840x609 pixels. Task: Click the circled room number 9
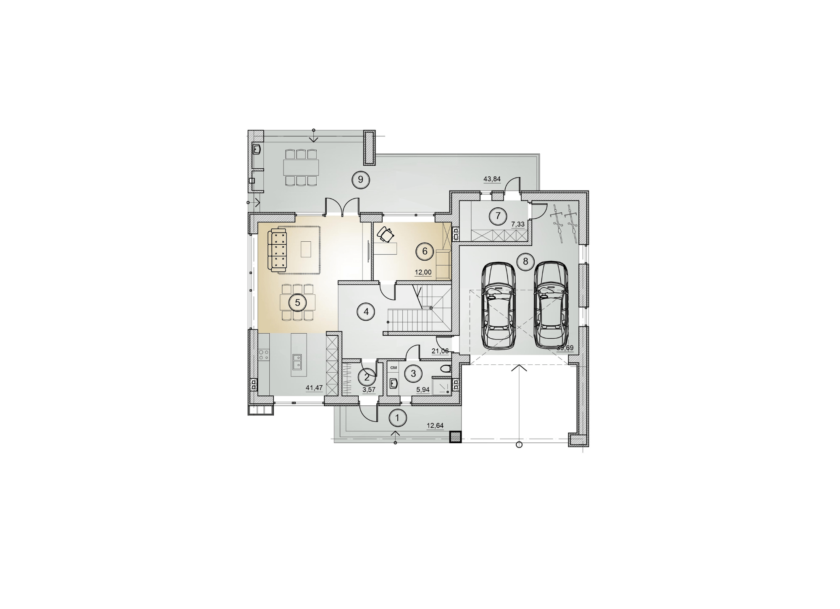pyautogui.click(x=360, y=179)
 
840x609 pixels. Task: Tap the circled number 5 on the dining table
pyautogui.click(x=297, y=303)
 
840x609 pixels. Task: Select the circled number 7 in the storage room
pyautogui.click(x=498, y=216)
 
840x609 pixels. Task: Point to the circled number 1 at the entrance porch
pyautogui.click(x=398, y=418)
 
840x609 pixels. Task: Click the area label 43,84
pyautogui.click(x=492, y=179)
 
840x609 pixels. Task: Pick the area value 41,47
pyautogui.click(x=314, y=388)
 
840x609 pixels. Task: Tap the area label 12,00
pyautogui.click(x=423, y=272)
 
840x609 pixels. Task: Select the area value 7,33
pyautogui.click(x=518, y=224)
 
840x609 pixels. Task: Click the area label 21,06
pyautogui.click(x=440, y=351)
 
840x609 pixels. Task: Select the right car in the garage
pyautogui.click(x=551, y=305)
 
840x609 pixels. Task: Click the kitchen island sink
pyautogui.click(x=297, y=361)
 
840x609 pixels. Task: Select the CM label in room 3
pyautogui.click(x=394, y=368)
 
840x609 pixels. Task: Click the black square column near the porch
pyautogui.click(x=455, y=437)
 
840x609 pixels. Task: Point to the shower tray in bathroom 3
pyautogui.click(x=442, y=385)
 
